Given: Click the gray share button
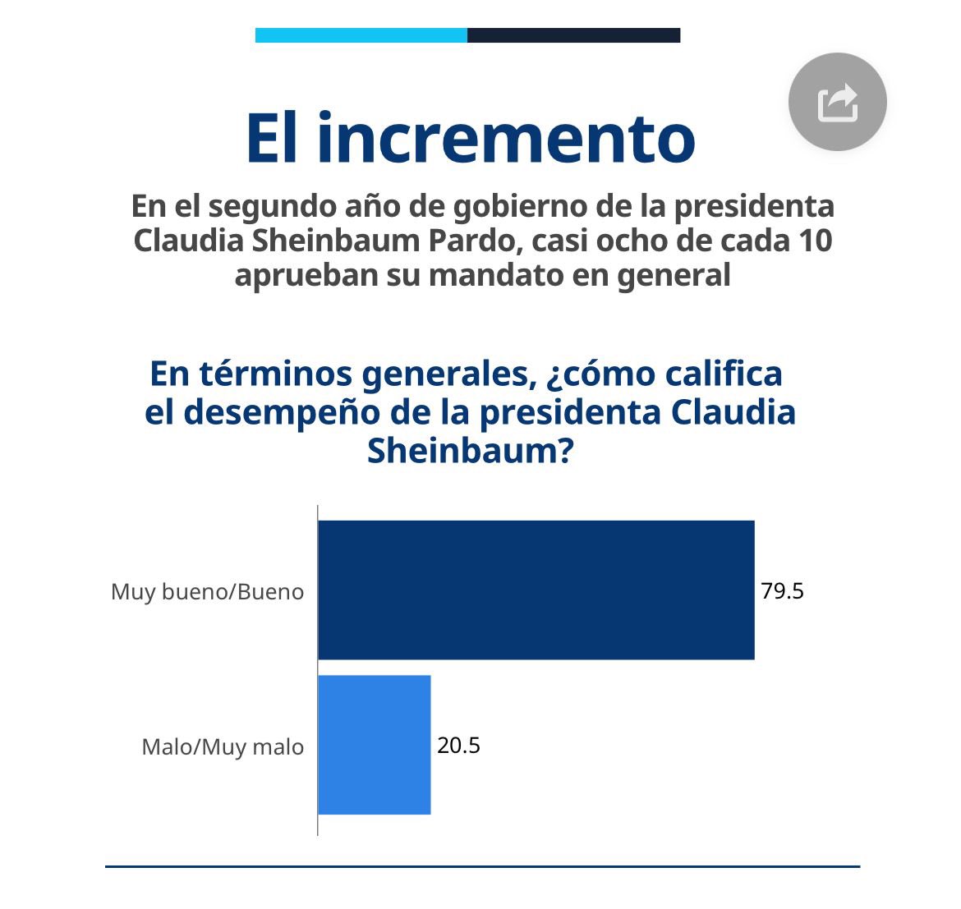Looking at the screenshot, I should [x=837, y=102].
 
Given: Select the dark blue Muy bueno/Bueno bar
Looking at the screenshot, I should [x=536, y=590].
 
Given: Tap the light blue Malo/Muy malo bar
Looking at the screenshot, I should [x=375, y=745].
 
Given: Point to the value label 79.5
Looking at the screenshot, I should [x=782, y=591].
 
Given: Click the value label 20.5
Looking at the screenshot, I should [x=458, y=746].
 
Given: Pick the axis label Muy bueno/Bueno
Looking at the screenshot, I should [x=207, y=592].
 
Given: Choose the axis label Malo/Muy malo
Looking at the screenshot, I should [x=223, y=747].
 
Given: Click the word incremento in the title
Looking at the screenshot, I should [x=506, y=138].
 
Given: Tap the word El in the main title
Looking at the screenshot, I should [x=274, y=138].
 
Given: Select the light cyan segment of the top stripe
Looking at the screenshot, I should [x=361, y=35].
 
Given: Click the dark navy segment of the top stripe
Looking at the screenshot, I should [x=573, y=35].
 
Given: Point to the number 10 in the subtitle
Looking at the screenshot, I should [x=814, y=241].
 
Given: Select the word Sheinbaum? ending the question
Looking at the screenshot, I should [x=469, y=451].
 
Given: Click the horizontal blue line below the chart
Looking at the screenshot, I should [x=482, y=866].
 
